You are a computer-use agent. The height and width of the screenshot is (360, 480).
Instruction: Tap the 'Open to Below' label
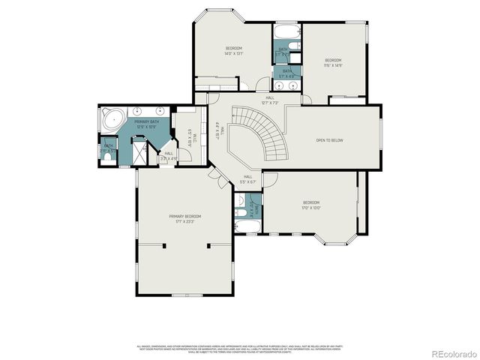(x=329, y=139)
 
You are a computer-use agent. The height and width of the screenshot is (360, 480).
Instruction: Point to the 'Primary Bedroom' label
(x=184, y=219)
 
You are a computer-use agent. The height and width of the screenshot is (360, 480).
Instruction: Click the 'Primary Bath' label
(x=146, y=124)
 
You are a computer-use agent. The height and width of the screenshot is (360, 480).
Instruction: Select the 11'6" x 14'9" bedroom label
(x=333, y=62)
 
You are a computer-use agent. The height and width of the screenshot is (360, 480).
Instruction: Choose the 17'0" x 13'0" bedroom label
(x=311, y=205)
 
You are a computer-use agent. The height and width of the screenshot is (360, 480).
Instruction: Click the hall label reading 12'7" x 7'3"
(x=269, y=100)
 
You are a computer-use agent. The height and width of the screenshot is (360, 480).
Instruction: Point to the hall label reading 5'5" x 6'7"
(x=247, y=179)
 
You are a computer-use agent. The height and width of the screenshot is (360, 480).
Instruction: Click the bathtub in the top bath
(x=286, y=34)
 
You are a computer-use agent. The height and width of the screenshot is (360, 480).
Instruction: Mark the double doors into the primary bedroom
(x=217, y=178)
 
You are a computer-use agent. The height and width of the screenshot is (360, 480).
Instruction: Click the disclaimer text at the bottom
(x=240, y=349)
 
